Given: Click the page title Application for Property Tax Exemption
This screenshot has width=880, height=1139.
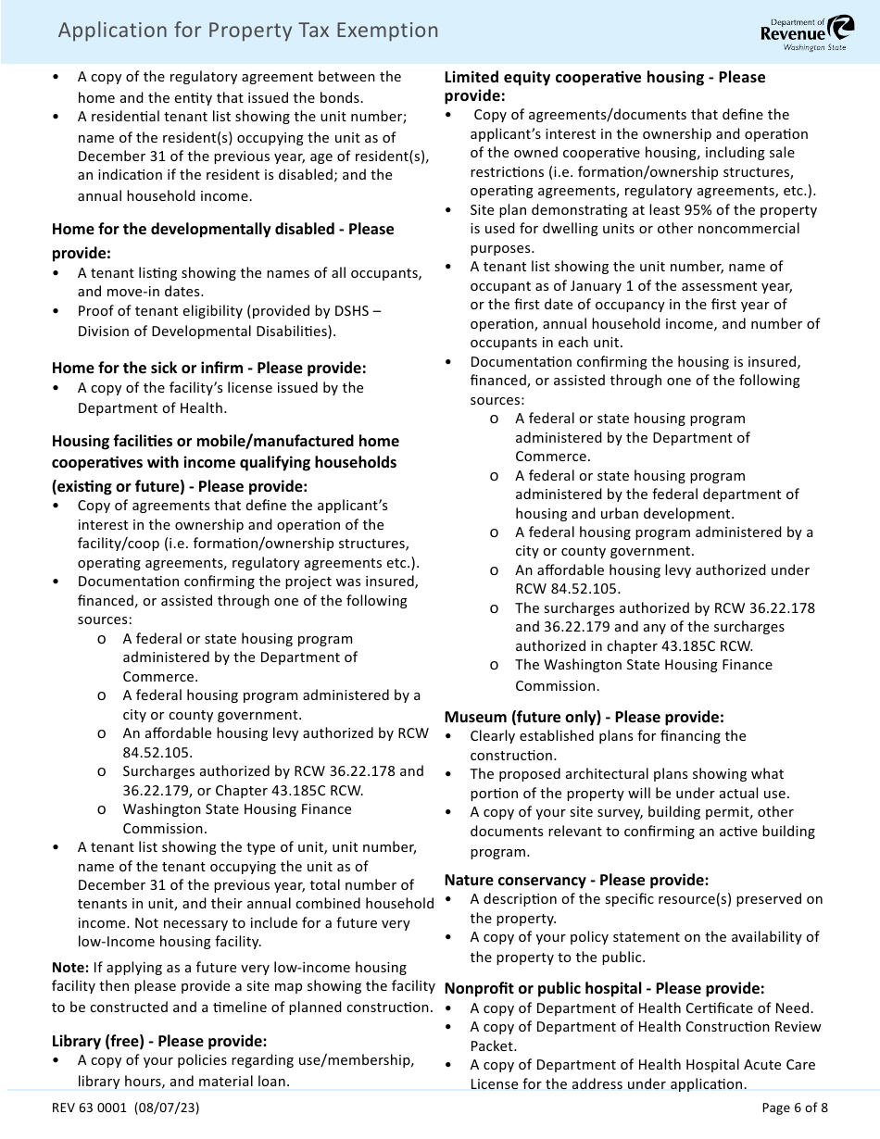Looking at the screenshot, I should tap(248, 31).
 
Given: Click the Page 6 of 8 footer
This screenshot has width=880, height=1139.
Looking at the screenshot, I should tap(794, 1108).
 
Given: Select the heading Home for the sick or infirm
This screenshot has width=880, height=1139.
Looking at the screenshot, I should tap(208, 368).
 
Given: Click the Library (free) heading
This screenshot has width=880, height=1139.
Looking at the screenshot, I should tap(158, 1041).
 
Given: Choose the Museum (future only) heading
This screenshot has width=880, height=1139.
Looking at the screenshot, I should tap(584, 717).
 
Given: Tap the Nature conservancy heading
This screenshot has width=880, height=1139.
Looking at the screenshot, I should tap(576, 880).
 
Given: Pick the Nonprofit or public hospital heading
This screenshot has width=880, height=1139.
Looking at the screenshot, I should tap(604, 988).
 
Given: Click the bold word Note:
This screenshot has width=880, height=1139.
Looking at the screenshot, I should tap(70, 968).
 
